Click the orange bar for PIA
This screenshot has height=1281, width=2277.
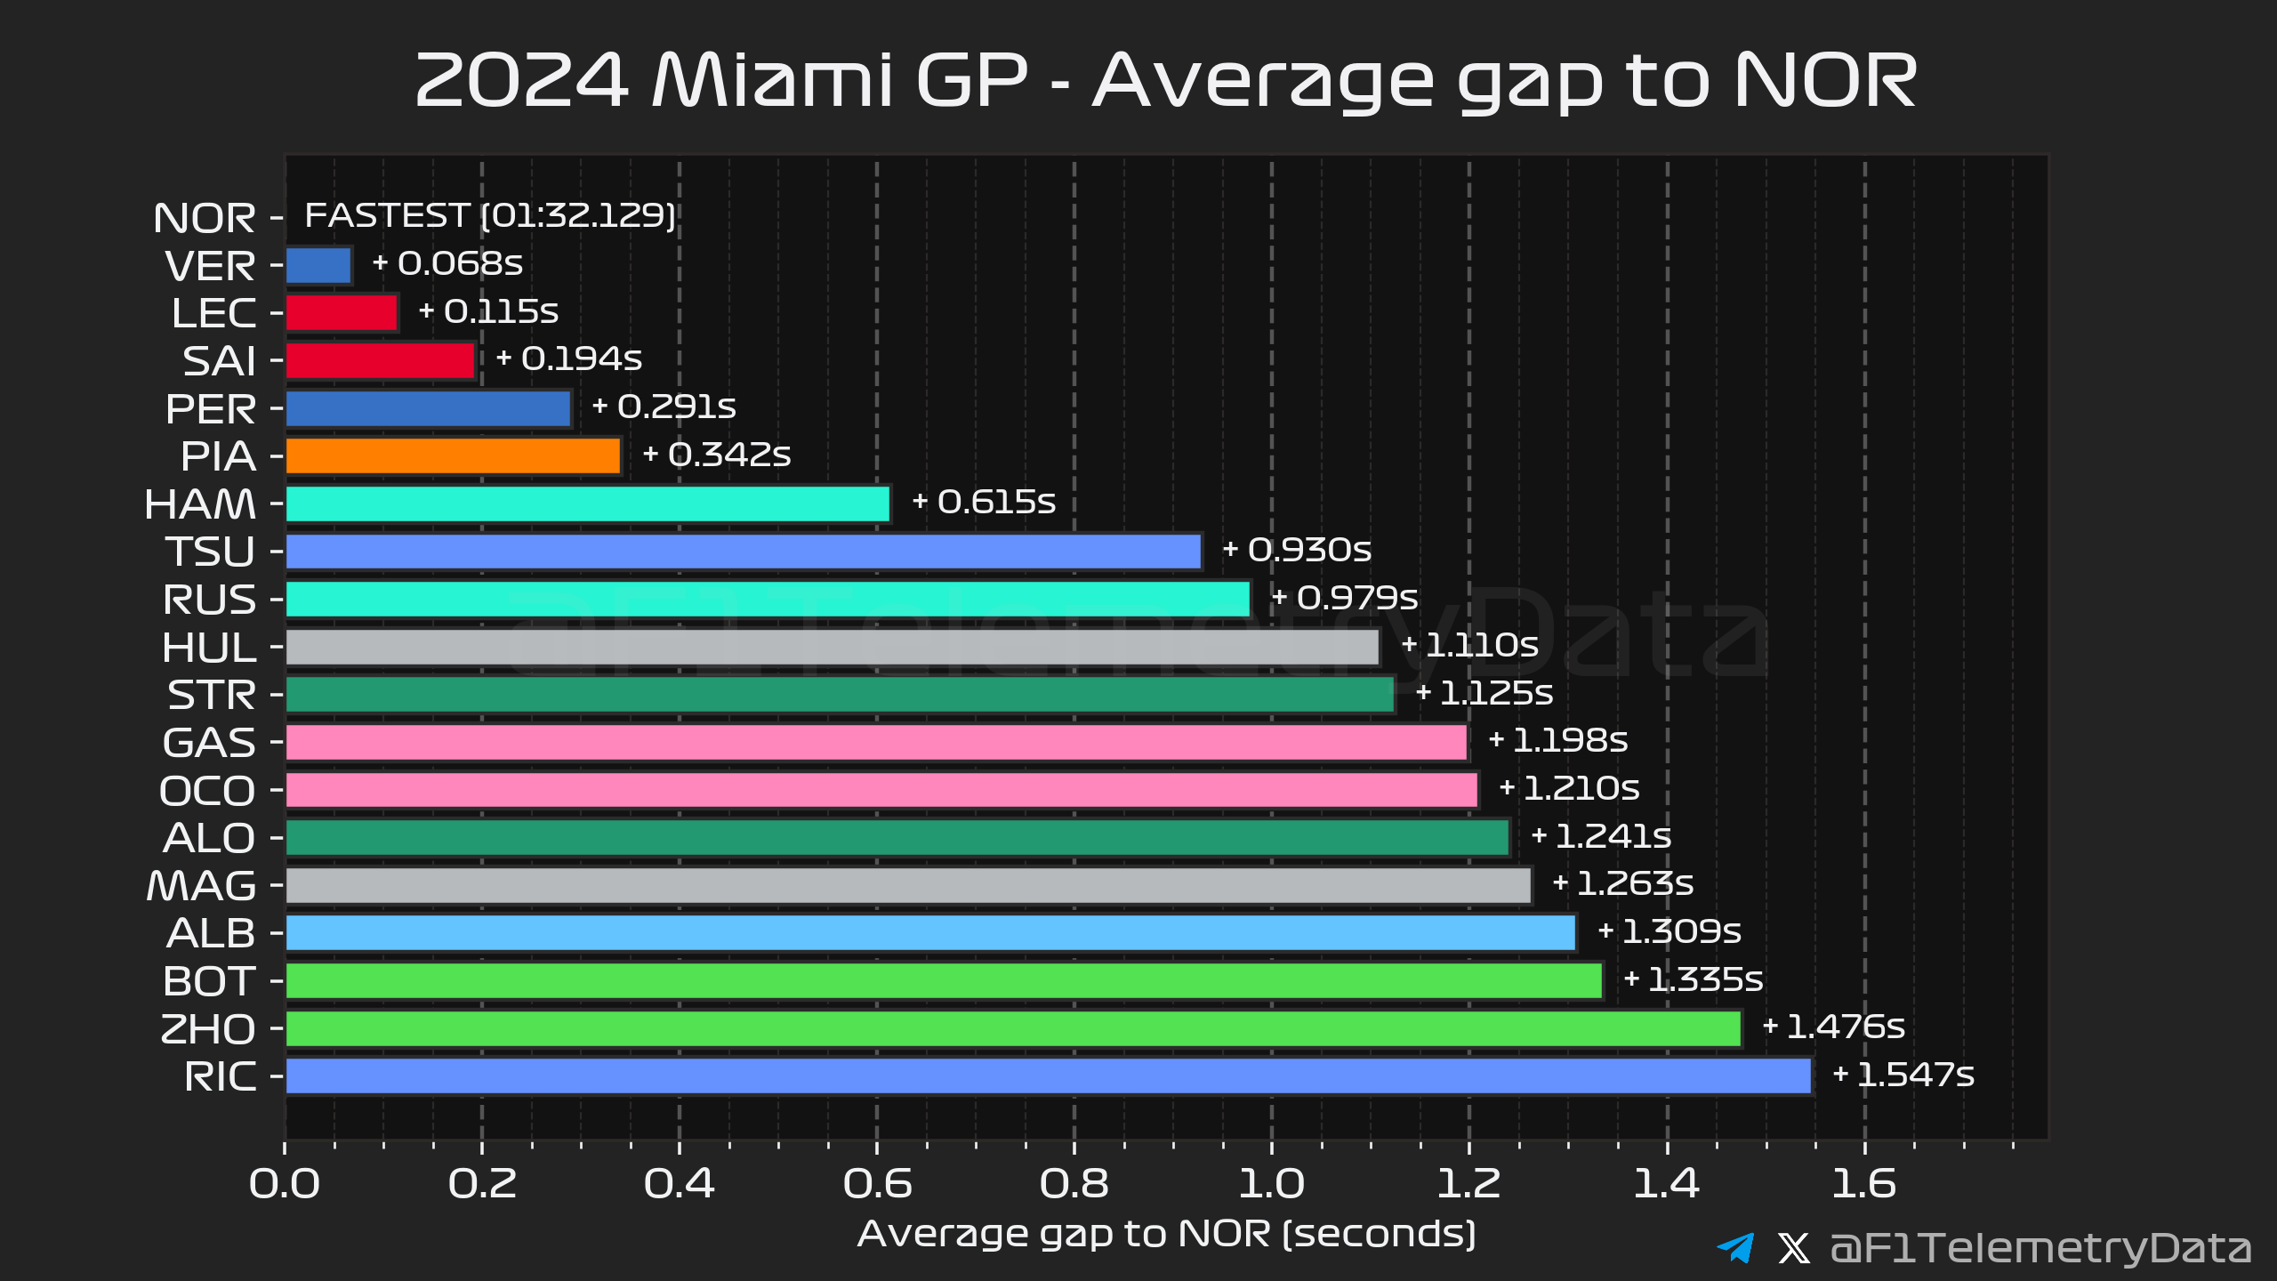click(x=453, y=456)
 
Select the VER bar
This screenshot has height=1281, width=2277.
click(x=318, y=265)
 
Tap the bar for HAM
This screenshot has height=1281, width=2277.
click(x=587, y=504)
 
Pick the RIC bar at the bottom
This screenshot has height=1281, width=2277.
click(x=1048, y=1076)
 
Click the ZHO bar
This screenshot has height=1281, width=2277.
click(x=1012, y=1028)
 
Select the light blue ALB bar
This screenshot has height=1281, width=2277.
click(x=930, y=932)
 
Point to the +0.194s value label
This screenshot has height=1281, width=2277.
click(x=569, y=359)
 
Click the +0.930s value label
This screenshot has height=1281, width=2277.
click(x=1297, y=550)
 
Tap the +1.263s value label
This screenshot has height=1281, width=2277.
click(x=1622, y=883)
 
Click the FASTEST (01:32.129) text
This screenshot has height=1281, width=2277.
click(x=490, y=215)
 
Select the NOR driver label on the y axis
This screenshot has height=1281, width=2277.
click(x=205, y=219)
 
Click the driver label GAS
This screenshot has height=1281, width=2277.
click(x=209, y=743)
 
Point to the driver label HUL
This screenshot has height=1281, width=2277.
click(x=209, y=648)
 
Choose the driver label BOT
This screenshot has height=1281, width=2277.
click(x=209, y=981)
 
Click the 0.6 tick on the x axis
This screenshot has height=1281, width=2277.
click(x=877, y=1184)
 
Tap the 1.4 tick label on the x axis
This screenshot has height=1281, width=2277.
click(x=1666, y=1184)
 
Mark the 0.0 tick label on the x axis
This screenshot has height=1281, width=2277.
click(x=285, y=1184)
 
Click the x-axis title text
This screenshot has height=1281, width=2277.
click(x=1166, y=1234)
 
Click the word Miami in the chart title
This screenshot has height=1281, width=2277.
click(x=771, y=81)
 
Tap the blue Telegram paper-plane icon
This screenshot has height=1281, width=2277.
click(x=1735, y=1247)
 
